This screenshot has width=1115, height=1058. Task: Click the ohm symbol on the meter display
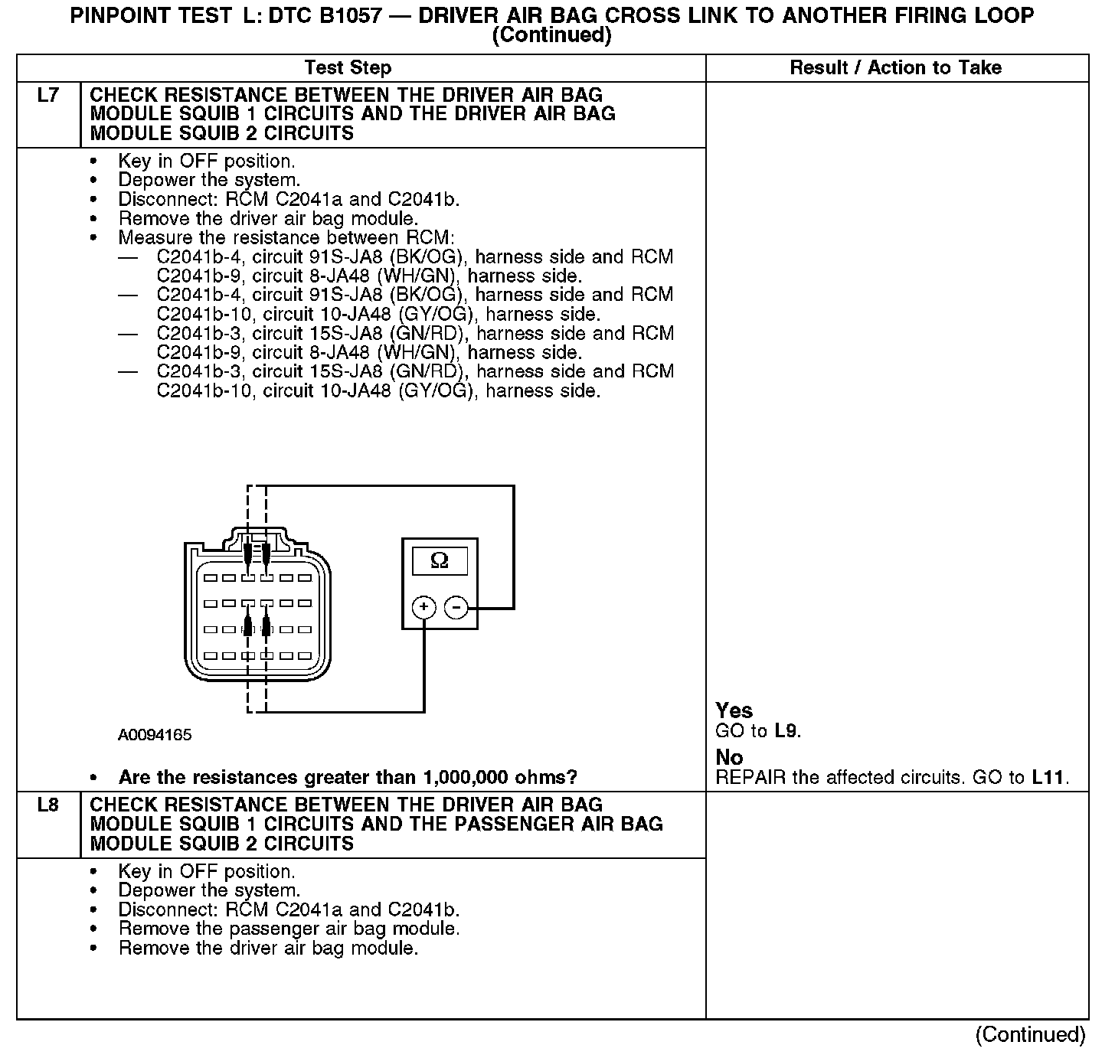click(440, 561)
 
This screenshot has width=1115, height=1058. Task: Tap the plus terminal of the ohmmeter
click(423, 608)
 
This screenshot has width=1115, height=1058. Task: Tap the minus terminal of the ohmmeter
click(456, 608)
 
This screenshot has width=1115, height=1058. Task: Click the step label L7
click(47, 96)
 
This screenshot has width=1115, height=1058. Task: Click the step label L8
click(47, 805)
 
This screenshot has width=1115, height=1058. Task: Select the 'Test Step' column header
click(348, 68)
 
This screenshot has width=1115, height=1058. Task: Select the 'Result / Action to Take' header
click(895, 68)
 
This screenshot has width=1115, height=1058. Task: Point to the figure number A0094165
click(155, 736)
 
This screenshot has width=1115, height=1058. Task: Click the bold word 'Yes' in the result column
click(734, 710)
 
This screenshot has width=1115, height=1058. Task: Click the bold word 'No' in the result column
click(729, 758)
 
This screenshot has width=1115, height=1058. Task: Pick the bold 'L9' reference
click(786, 731)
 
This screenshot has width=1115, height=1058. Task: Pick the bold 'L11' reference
click(1048, 778)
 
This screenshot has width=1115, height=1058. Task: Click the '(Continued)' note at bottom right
click(1030, 1035)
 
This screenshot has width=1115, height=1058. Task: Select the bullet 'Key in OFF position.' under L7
click(206, 162)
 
